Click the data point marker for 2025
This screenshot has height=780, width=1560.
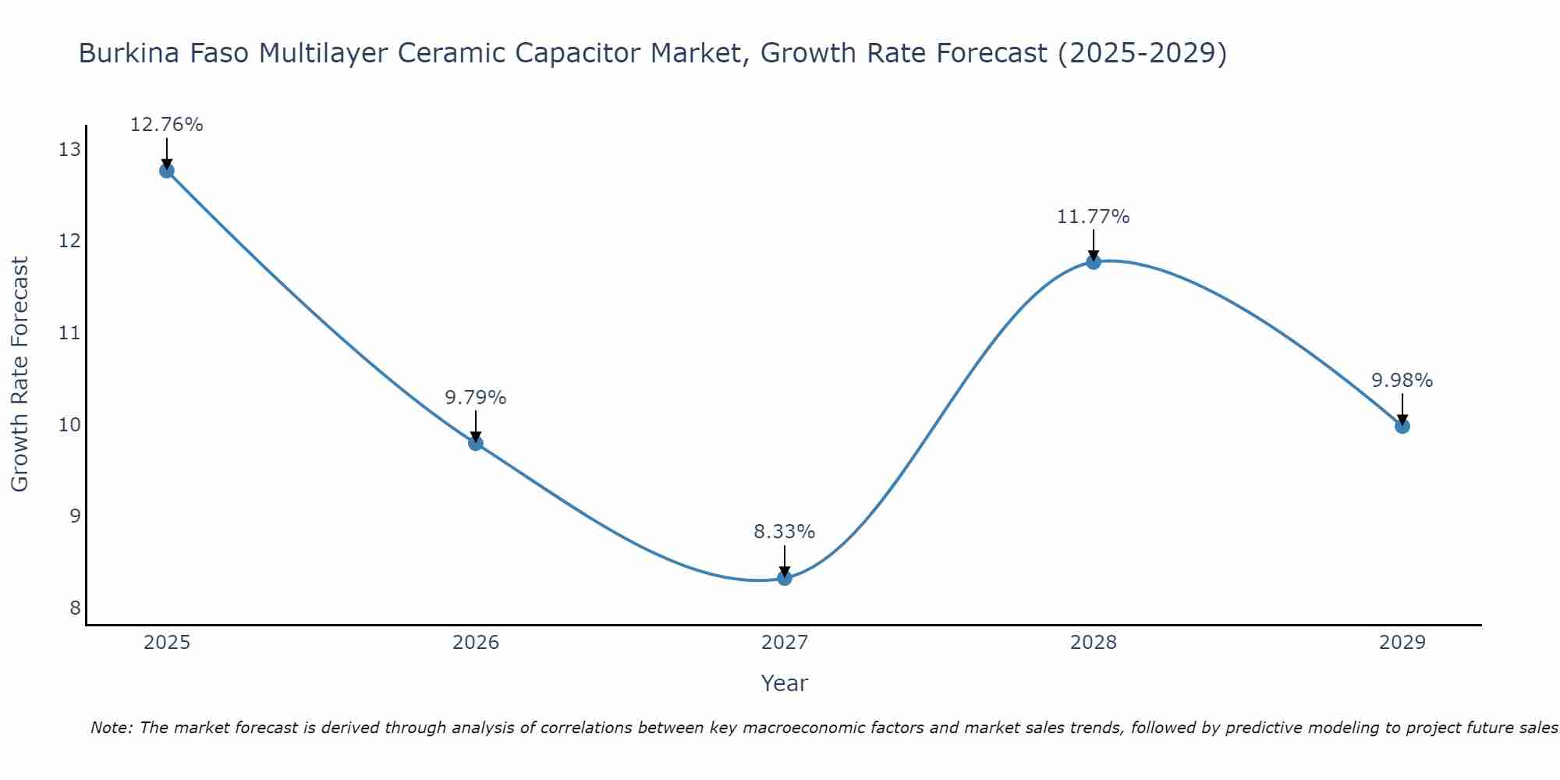pos(167,171)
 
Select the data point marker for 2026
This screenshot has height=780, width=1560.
pos(476,444)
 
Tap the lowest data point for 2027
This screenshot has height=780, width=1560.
pos(785,578)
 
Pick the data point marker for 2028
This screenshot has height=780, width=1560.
pos(1094,262)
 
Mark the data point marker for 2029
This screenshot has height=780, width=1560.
pos(1402,426)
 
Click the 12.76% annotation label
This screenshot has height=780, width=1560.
pos(167,125)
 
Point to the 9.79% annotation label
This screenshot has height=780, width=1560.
pos(476,398)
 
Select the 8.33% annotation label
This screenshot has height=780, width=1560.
pos(785,532)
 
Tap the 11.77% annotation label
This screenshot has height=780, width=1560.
pos(1094,217)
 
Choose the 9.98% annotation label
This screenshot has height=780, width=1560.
pos(1402,381)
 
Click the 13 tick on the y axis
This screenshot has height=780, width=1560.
pos(69,150)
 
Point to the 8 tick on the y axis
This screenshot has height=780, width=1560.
pos(75,608)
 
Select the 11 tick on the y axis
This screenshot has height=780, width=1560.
pos(69,333)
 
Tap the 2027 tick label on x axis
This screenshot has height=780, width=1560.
pos(785,643)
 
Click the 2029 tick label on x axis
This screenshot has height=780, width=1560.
pos(1402,643)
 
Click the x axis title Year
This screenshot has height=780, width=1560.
pos(785,683)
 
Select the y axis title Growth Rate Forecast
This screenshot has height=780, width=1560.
pos(20,374)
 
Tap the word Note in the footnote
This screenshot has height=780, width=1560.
pos(112,728)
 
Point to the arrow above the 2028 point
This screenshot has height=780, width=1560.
pos(1094,244)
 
